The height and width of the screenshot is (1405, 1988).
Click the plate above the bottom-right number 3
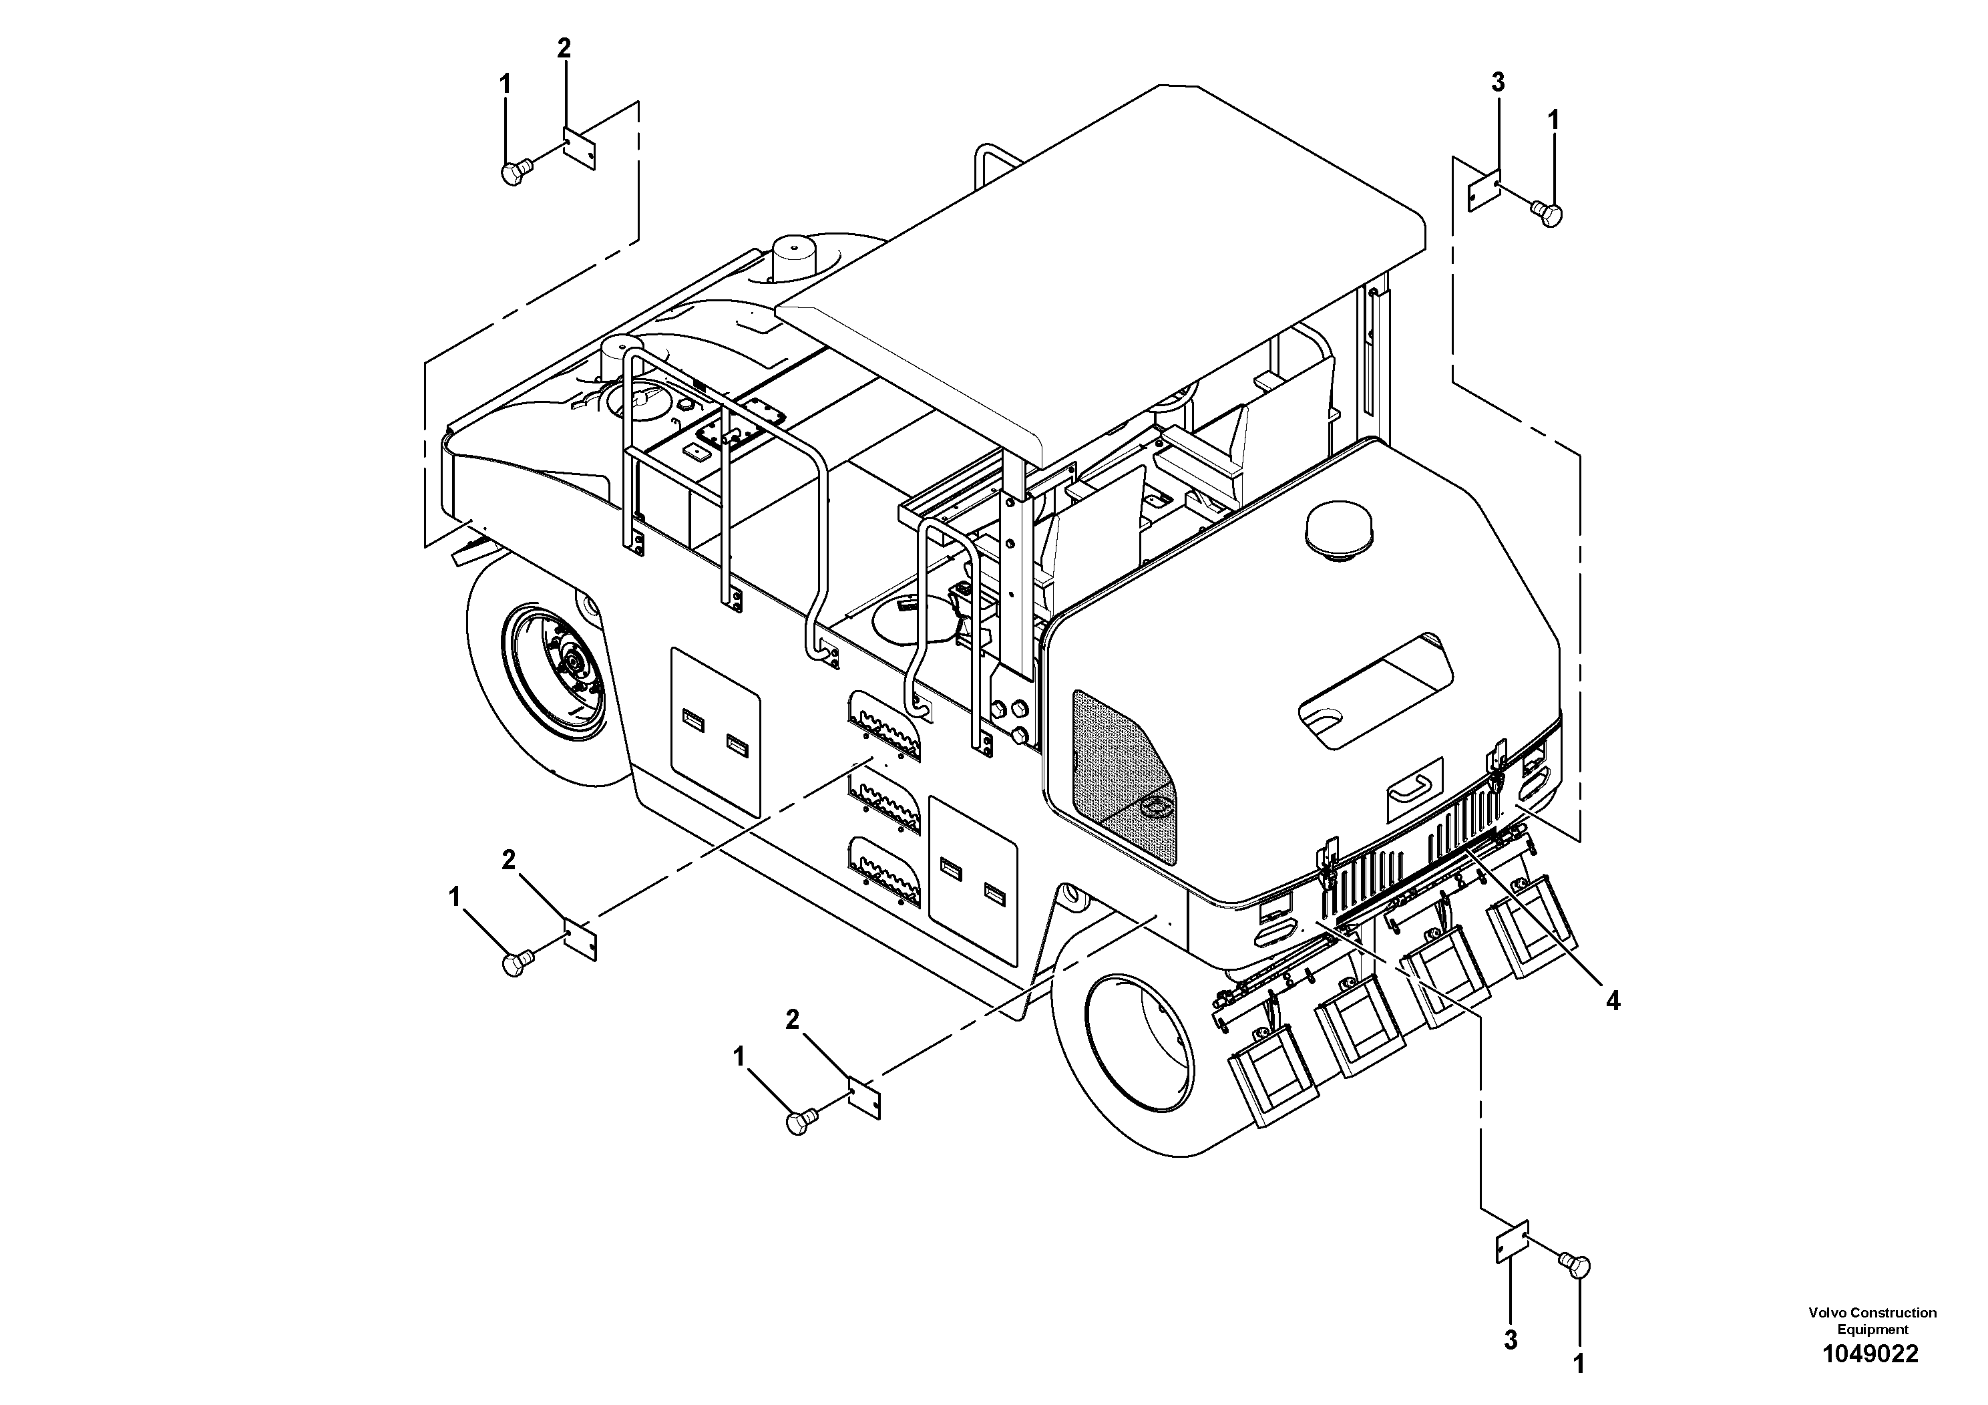point(1513,1243)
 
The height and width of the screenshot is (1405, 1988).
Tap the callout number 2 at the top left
point(564,49)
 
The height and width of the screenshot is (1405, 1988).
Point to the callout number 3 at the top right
point(1498,82)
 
